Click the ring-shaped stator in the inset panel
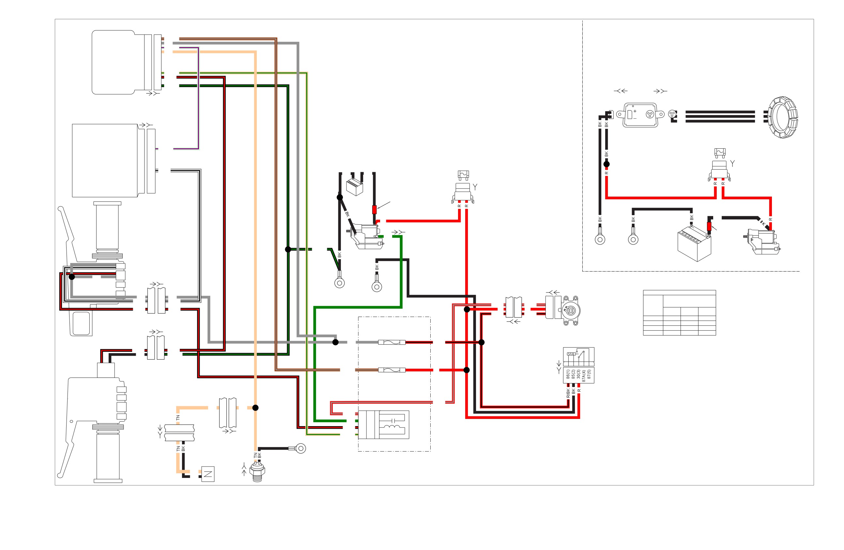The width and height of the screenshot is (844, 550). coord(783,117)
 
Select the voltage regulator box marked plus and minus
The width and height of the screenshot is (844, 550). coord(640,115)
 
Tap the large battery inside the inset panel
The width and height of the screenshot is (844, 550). coord(694,245)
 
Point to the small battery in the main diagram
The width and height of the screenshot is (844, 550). coord(355,187)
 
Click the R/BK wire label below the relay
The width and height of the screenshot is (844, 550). coord(568,393)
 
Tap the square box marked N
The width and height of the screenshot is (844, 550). coord(208,474)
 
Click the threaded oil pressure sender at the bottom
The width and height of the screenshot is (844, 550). coord(257,473)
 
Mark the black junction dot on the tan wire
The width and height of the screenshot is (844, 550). coord(255,408)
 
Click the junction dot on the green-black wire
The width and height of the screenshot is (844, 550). coord(288,249)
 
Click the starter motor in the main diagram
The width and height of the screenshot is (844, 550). coord(366,236)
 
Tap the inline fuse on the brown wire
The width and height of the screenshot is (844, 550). coord(392,370)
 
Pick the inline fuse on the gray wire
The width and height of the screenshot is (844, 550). coord(392,342)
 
